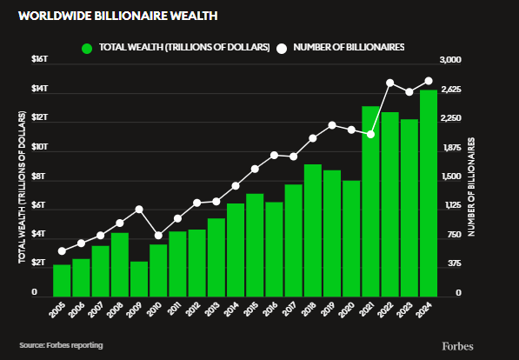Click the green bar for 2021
pyautogui.click(x=371, y=200)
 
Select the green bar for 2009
pyautogui.click(x=139, y=277)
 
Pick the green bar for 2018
pyautogui.click(x=313, y=229)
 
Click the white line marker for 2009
pyautogui.click(x=139, y=210)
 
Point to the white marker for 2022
pyautogui.click(x=390, y=83)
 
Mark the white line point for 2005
pyautogui.click(x=62, y=251)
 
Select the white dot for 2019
pyautogui.click(x=332, y=125)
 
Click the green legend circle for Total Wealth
pyautogui.click(x=87, y=47)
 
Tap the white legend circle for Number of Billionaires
pyautogui.click(x=282, y=47)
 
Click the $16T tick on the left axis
pyautogui.click(x=40, y=59)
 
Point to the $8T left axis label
pyautogui.click(x=40, y=177)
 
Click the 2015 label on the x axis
pyautogui.click(x=252, y=310)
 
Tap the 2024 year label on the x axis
pyautogui.click(x=426, y=310)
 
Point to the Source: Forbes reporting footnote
pyautogui.click(x=61, y=345)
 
